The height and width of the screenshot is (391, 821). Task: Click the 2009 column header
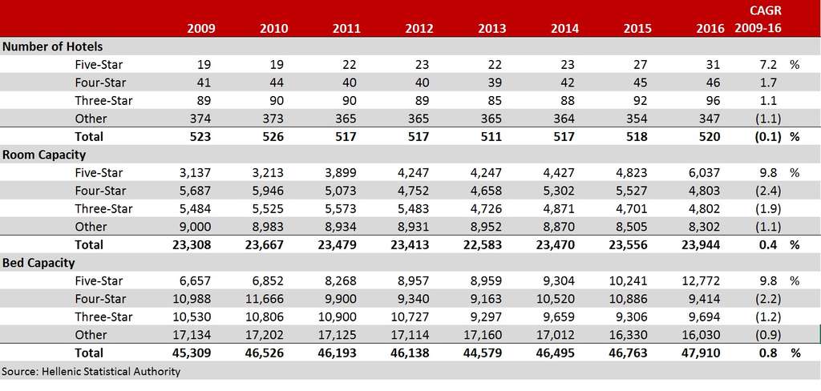point(200,30)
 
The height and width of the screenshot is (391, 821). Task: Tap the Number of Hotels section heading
point(52,47)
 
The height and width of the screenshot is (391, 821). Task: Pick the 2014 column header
point(564,30)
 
